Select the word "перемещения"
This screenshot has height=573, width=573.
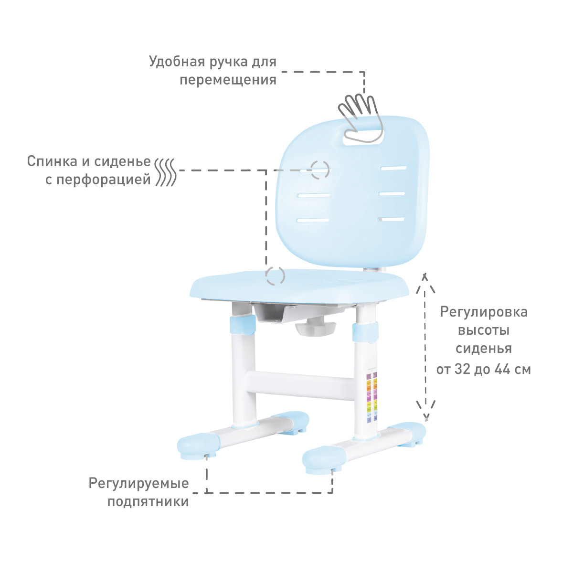[x=228, y=79]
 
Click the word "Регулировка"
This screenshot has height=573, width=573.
[x=483, y=312]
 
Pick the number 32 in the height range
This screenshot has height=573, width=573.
[x=462, y=369]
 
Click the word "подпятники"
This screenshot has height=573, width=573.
[x=148, y=502]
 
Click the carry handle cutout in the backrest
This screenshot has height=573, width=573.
[x=364, y=135]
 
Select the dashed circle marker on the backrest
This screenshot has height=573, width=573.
[x=319, y=169]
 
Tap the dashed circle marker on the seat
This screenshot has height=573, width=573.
[x=275, y=276]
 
